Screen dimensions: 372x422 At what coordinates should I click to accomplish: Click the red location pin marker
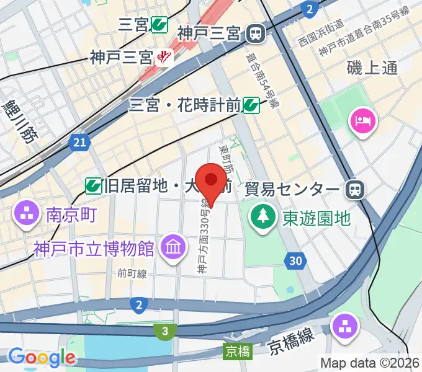pyautogui.click(x=211, y=182)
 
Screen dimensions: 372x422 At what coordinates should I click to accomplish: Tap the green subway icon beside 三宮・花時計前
pyautogui.click(x=251, y=105)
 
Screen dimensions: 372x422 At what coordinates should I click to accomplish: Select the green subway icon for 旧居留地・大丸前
pyautogui.click(x=94, y=184)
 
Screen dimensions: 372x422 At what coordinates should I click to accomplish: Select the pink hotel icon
pyautogui.click(x=363, y=120)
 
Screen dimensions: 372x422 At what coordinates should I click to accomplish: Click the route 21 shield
pyautogui.click(x=79, y=143)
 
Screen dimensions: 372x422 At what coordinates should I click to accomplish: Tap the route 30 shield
pyautogui.click(x=296, y=261)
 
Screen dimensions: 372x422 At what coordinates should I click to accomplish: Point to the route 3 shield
pyautogui.click(x=164, y=332)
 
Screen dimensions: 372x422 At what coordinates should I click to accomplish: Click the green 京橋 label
pyautogui.click(x=237, y=352)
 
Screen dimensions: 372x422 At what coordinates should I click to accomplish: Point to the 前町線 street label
pyautogui.click(x=131, y=272)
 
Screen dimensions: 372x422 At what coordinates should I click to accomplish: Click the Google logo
pyautogui.click(x=42, y=357)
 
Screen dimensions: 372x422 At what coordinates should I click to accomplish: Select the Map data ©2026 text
pyautogui.click(x=370, y=362)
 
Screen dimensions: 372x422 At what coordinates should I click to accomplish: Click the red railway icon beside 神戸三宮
pyautogui.click(x=164, y=58)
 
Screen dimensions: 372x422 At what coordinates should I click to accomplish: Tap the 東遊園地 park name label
pyautogui.click(x=316, y=218)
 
